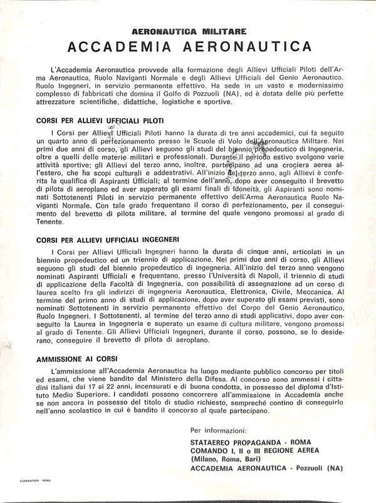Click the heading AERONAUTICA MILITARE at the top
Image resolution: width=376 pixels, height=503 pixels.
pos(189,30)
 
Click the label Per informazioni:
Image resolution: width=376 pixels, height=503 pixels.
pos(218,430)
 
